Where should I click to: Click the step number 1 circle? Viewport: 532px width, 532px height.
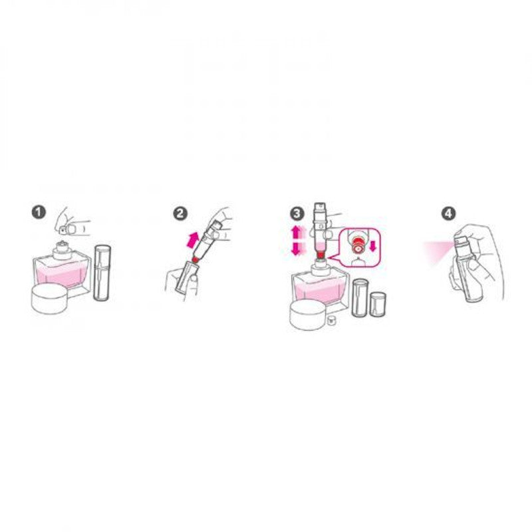[39, 213]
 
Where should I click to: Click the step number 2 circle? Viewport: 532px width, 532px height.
[180, 213]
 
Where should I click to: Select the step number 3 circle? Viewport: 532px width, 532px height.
[297, 213]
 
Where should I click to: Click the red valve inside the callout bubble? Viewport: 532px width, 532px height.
[358, 245]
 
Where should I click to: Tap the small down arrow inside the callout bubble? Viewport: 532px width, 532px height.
[373, 246]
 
